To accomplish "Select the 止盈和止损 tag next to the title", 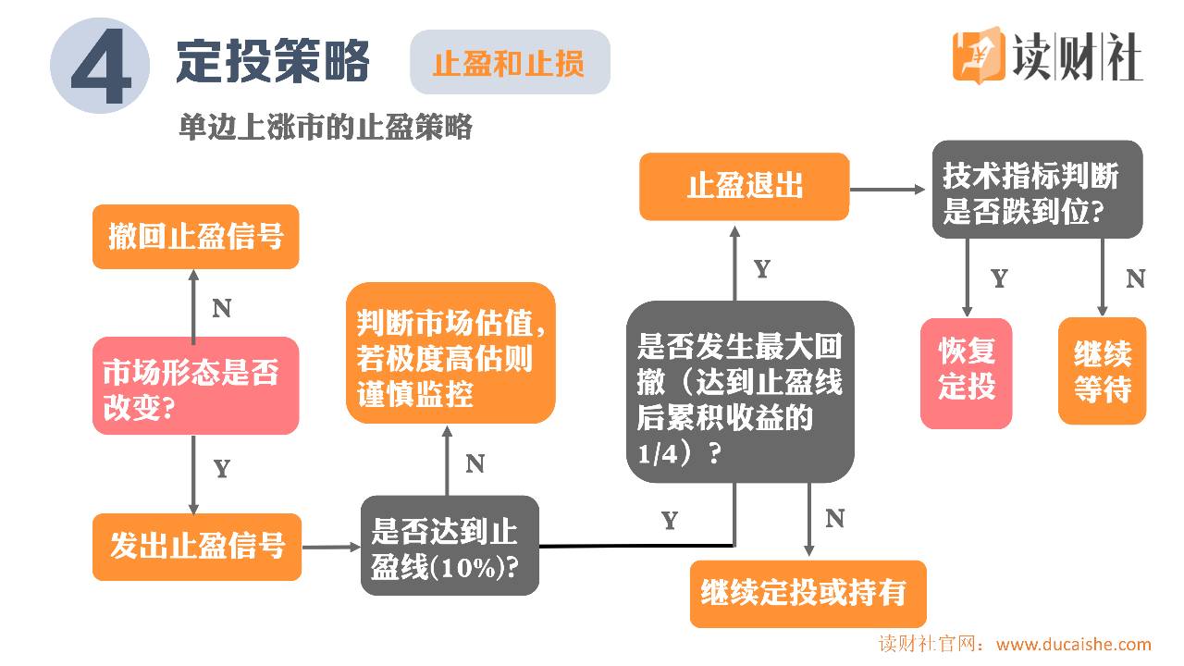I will pyautogui.click(x=510, y=62).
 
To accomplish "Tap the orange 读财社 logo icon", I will pyautogui.click(x=978, y=55).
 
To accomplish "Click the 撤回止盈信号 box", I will pyautogui.click(x=195, y=237).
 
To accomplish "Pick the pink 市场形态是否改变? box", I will pyautogui.click(x=195, y=386).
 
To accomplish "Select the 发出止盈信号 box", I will pyautogui.click(x=197, y=547).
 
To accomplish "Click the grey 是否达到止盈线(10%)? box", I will pyautogui.click(x=450, y=547).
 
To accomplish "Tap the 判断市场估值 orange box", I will pyautogui.click(x=450, y=354).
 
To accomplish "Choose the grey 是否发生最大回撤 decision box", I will pyautogui.click(x=739, y=391).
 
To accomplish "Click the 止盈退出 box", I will pyautogui.click(x=744, y=187).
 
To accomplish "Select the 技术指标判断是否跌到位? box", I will pyautogui.click(x=1036, y=190).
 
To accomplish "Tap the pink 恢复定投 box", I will pyautogui.click(x=967, y=373).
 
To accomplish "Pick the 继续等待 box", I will pyautogui.click(x=1102, y=372).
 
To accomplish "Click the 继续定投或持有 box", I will pyautogui.click(x=808, y=593).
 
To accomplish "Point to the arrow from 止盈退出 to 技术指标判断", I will pyautogui.click(x=888, y=189).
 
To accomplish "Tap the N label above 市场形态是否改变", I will pyautogui.click(x=221, y=309).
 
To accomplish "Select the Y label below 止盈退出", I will pyautogui.click(x=761, y=270).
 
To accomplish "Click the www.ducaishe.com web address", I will pyautogui.click(x=1073, y=645).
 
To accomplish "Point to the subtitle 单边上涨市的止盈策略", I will pyautogui.click(x=325, y=127).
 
